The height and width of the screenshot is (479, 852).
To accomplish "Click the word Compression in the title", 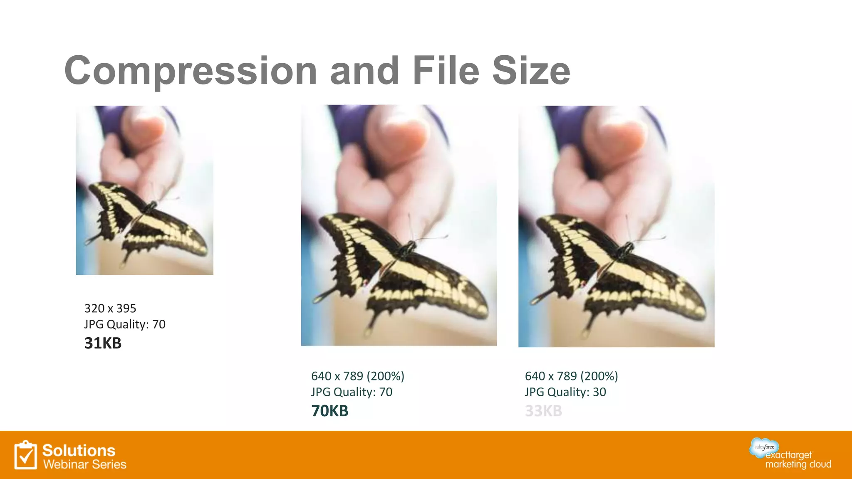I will point(191,71).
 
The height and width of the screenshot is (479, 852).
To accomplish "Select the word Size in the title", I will point(531,71).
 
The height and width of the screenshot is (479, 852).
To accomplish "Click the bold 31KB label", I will point(103,343).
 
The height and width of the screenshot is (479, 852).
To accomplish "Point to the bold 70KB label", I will point(329,411).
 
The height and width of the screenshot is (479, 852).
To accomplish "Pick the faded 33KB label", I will point(543,411).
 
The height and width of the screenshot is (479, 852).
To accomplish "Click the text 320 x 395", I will point(110,309).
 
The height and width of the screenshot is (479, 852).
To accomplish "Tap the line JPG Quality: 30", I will point(565,392).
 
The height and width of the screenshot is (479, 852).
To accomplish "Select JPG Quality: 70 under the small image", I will point(125,324).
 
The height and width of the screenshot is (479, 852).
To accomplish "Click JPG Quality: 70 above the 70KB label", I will point(352,392).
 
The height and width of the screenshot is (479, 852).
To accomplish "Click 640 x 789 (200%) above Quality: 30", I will point(571,376).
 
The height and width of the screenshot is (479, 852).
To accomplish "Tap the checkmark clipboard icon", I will point(25,456).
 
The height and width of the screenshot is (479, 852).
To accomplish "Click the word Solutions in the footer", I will point(79,451).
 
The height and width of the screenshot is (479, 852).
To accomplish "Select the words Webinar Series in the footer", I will point(84,464).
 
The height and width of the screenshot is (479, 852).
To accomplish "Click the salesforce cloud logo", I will point(764,447).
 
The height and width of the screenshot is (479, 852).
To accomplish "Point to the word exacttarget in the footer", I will point(788,455).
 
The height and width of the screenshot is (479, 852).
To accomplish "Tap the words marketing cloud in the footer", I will point(798,464).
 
